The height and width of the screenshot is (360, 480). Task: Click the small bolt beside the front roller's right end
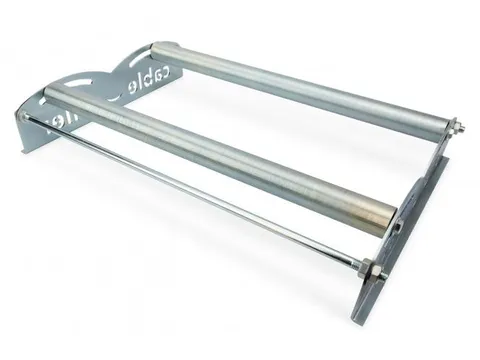pos(398,222)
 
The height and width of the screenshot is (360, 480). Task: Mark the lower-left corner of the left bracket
pos(22,148)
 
